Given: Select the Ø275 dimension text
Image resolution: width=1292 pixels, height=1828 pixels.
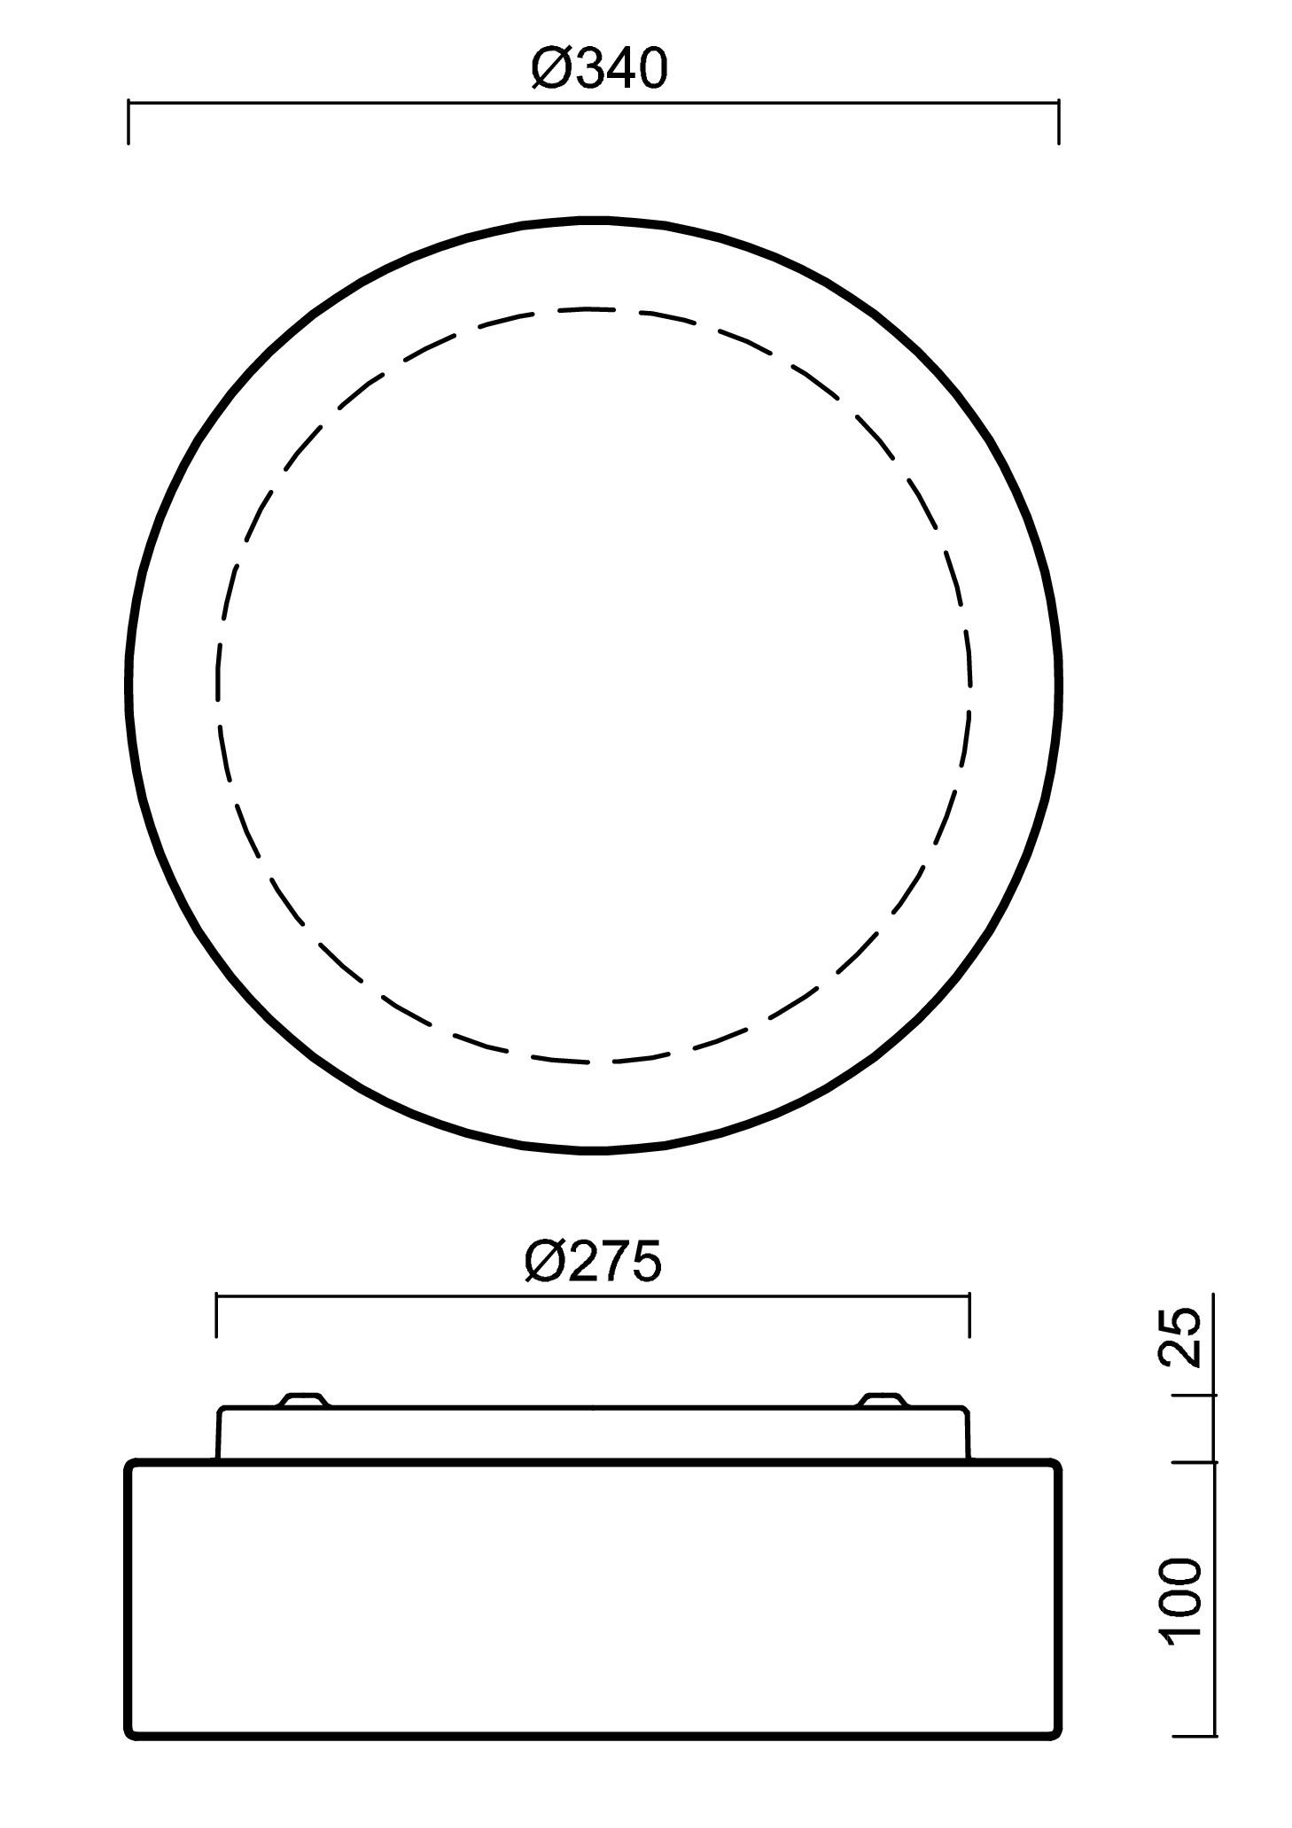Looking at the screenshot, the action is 593,1261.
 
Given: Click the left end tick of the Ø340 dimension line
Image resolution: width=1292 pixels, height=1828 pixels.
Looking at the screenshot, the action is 129,122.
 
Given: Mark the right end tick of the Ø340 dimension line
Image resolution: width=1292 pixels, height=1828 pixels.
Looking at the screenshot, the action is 1058,122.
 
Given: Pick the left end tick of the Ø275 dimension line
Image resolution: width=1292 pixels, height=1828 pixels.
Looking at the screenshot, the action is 216,1315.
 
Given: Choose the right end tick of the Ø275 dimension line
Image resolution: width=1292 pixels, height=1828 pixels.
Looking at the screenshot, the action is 969,1315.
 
